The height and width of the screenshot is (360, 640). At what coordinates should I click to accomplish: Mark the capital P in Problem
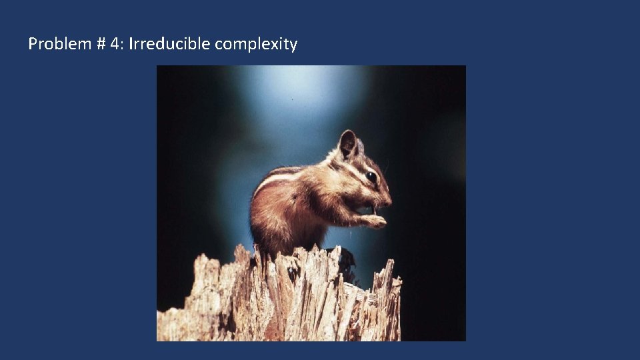click(x=32, y=45)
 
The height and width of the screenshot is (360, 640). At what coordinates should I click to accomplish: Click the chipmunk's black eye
click(x=371, y=177)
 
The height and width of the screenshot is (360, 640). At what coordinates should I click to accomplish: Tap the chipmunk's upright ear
click(x=347, y=143)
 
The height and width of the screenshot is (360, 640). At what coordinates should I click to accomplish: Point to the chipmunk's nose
click(x=389, y=198)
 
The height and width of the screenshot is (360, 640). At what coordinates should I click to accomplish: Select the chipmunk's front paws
click(x=375, y=221)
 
